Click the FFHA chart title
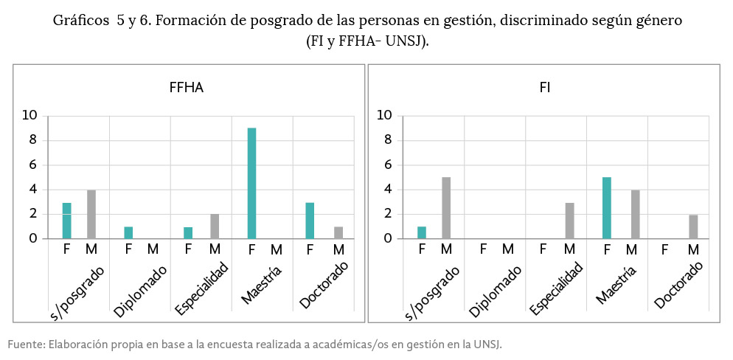(186, 88)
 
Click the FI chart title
(544, 88)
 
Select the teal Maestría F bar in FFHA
(251, 183)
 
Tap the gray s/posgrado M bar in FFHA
(91, 214)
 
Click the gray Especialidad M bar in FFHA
(215, 226)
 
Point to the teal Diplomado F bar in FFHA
(128, 232)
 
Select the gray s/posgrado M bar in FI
(446, 207)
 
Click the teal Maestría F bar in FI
(607, 207)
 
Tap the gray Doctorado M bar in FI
(693, 226)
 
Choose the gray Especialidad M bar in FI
(569, 220)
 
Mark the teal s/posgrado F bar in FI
(422, 232)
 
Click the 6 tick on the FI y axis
(387, 165)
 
